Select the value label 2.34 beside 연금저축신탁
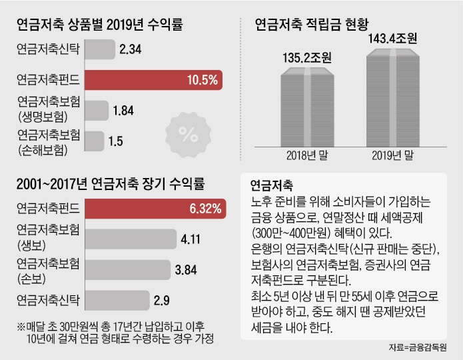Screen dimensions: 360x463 (131, 49)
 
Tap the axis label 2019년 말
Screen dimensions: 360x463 (392, 156)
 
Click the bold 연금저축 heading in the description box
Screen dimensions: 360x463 (272, 185)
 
